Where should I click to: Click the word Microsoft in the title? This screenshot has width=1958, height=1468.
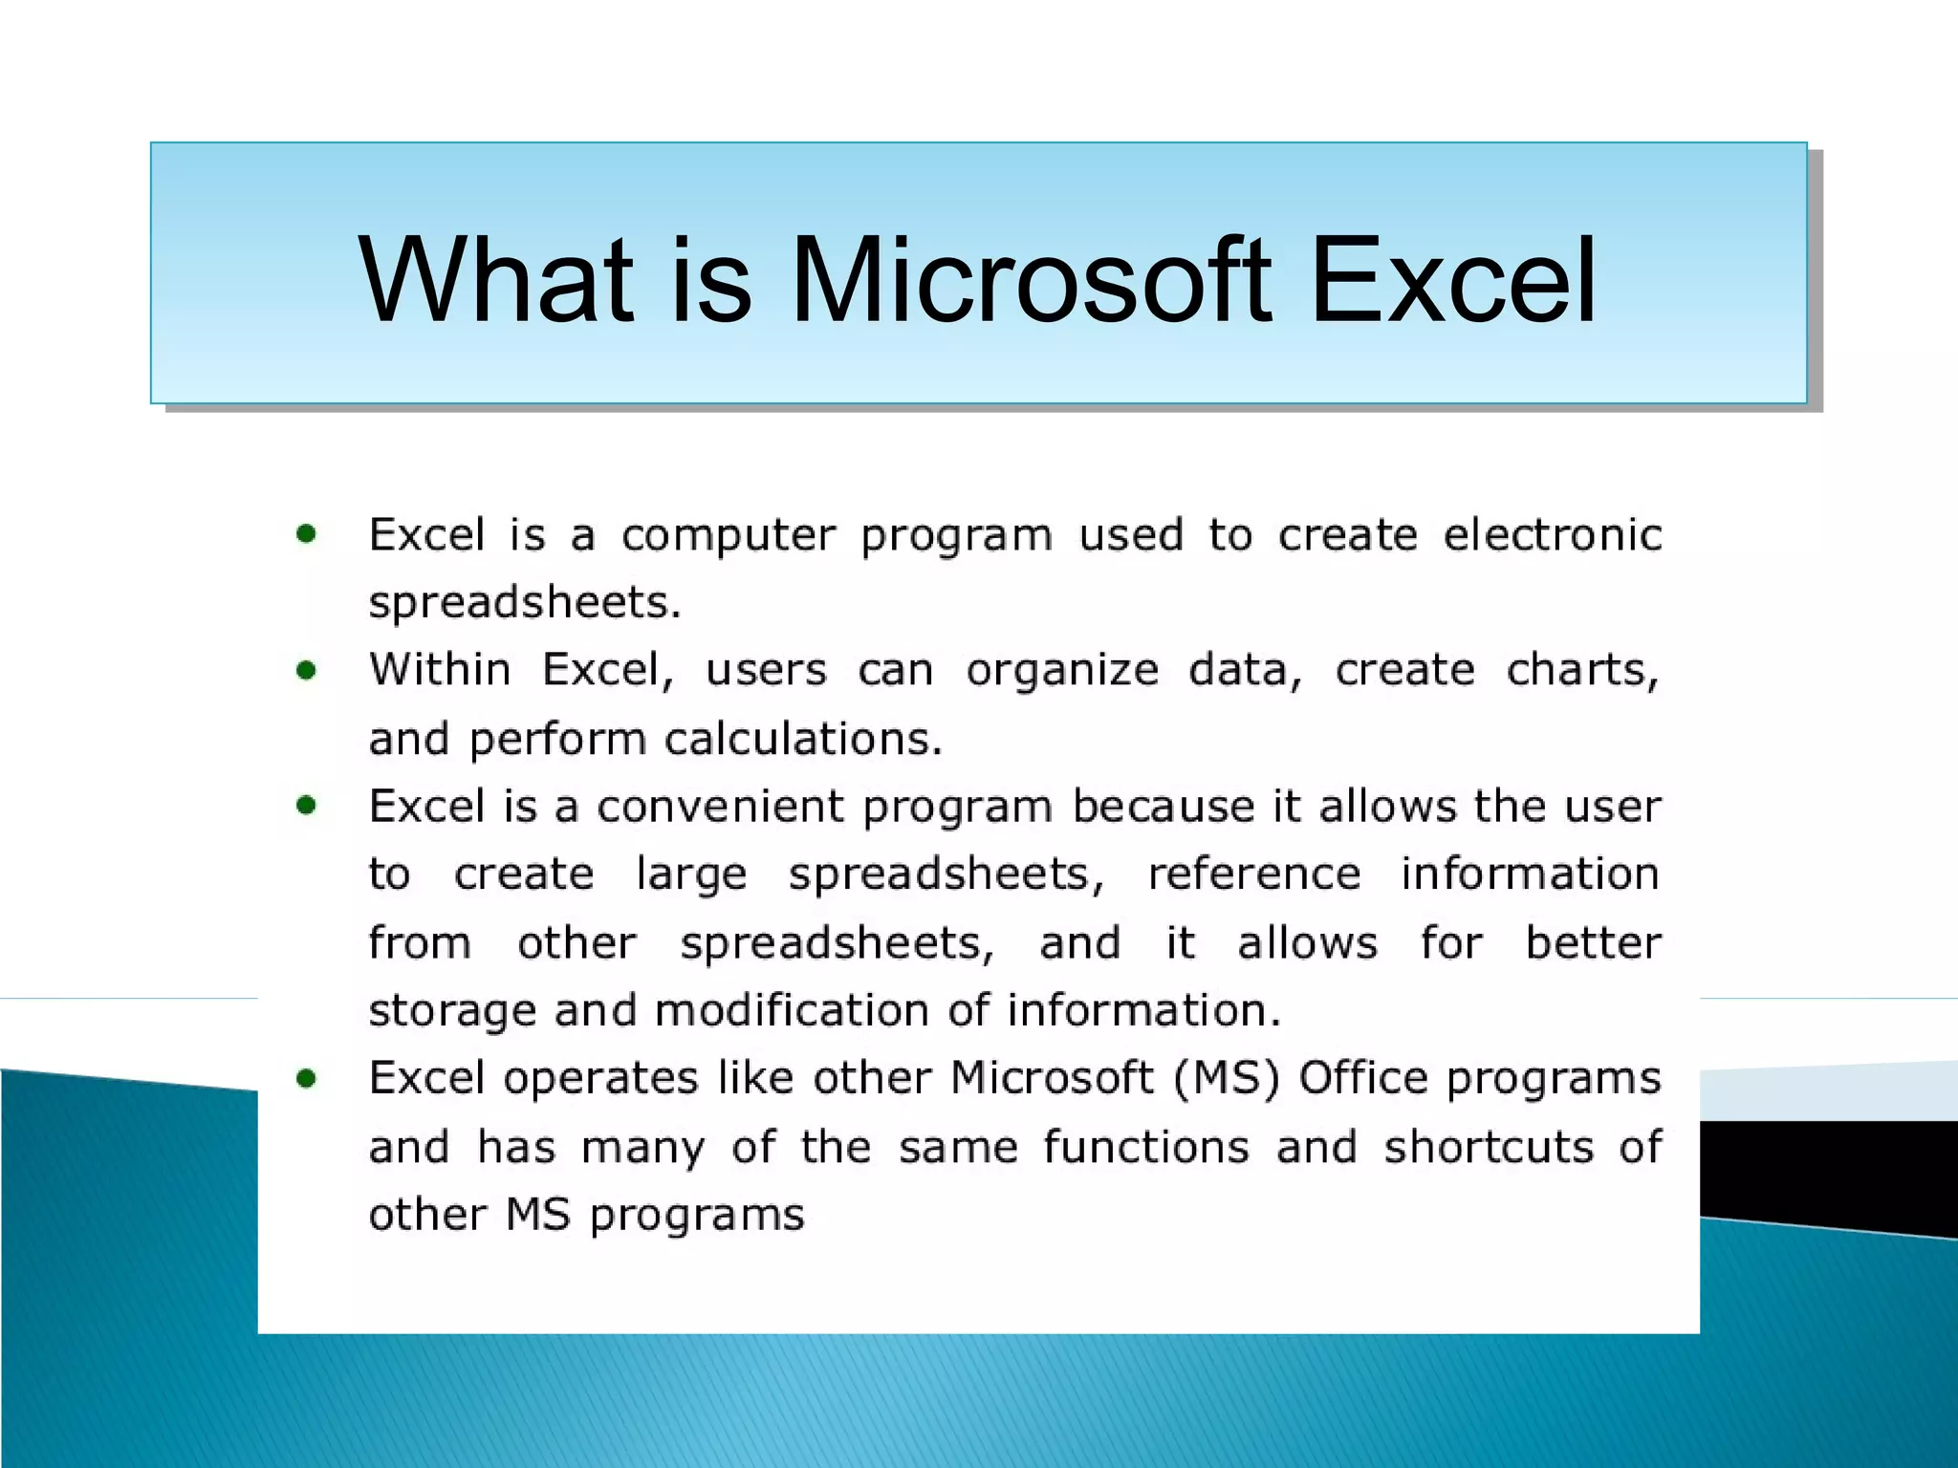tap(1031, 282)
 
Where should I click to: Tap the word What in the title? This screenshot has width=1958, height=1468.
tap(495, 282)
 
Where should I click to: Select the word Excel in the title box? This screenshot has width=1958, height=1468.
tap(1451, 282)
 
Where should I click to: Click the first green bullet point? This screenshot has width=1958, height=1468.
tap(306, 534)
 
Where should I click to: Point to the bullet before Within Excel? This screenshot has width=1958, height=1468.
tap(306, 671)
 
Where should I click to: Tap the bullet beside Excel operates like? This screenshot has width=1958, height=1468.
tap(306, 1079)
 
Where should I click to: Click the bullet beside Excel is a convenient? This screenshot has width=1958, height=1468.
tap(306, 806)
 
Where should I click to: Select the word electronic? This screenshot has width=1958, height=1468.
tap(1552, 534)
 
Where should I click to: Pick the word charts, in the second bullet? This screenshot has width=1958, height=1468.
tap(1582, 671)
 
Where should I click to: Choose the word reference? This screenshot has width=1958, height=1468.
tap(1253, 874)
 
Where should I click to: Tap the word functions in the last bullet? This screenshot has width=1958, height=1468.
tap(1145, 1147)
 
